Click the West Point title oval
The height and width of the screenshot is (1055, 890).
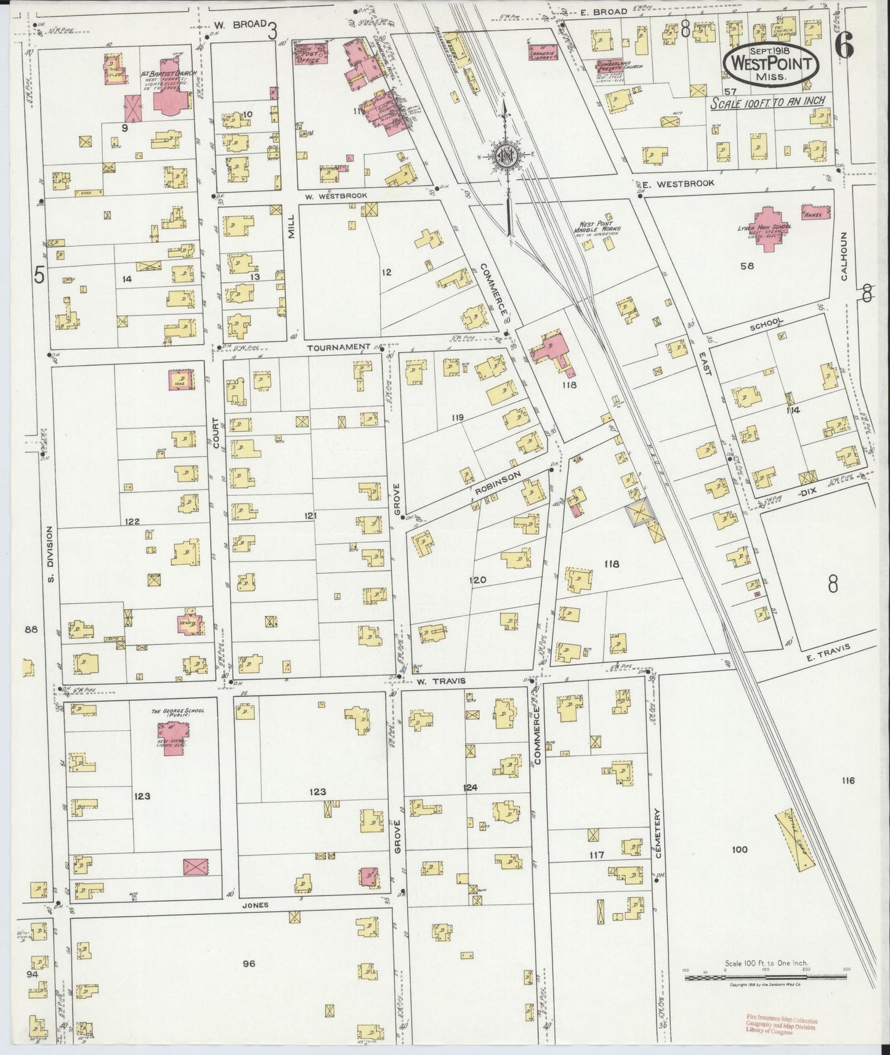[771, 64]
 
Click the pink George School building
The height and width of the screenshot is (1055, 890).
[172, 737]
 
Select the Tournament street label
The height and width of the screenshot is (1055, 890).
[338, 347]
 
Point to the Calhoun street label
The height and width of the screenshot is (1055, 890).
[844, 257]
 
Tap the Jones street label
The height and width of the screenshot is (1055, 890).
[255, 905]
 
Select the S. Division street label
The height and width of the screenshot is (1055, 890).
[51, 554]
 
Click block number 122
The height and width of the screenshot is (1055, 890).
[132, 521]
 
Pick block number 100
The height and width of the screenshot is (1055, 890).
[739, 849]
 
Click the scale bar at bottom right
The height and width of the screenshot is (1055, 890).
[766, 977]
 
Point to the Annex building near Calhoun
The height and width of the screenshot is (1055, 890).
[817, 213]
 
